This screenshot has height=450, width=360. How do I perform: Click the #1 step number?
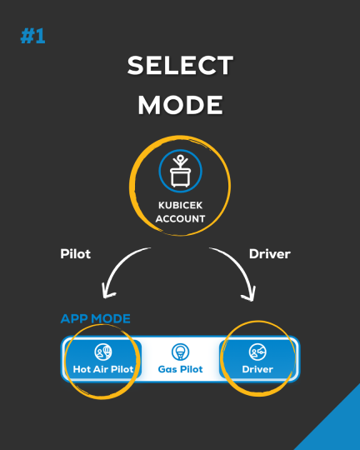pyautogui.click(x=32, y=36)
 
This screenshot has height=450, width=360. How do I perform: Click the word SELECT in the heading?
pyautogui.click(x=180, y=66)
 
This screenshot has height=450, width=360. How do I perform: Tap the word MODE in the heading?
pyautogui.click(x=180, y=105)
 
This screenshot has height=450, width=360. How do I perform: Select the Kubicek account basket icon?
pyautogui.click(x=180, y=171)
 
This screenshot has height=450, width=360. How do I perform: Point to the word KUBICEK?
pyautogui.click(x=180, y=205)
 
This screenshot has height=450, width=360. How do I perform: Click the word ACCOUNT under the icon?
pyautogui.click(x=180, y=218)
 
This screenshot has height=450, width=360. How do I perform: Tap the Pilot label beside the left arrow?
pyautogui.click(x=76, y=254)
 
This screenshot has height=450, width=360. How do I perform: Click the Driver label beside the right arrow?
pyautogui.click(x=270, y=254)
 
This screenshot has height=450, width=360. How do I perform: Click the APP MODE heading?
pyautogui.click(x=96, y=318)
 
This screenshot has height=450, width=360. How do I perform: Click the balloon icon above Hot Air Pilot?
pyautogui.click(x=103, y=352)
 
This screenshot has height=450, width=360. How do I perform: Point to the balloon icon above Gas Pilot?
pyautogui.click(x=180, y=352)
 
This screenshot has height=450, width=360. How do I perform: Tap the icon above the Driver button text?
pyautogui.click(x=257, y=352)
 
